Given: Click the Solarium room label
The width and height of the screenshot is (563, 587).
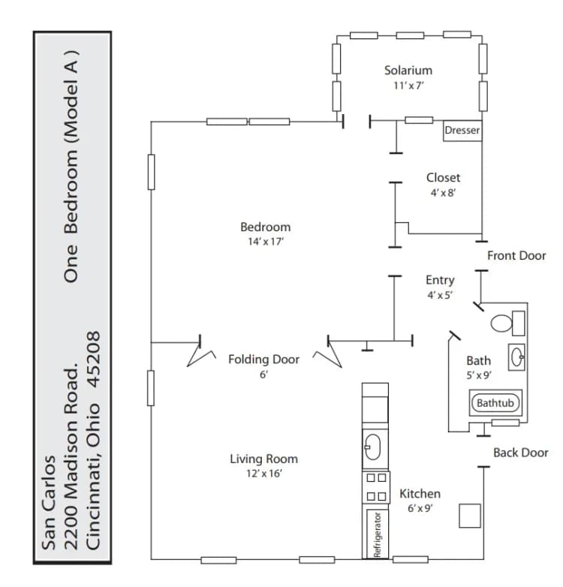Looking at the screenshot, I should tap(408, 70).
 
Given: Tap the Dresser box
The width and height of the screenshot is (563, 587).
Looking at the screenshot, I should tap(462, 131).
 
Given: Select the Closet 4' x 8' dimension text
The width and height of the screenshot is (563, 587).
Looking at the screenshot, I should tap(443, 193).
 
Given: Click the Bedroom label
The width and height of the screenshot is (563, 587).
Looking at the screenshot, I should tap(265, 227).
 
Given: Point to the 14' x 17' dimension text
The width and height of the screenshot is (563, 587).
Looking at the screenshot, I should tap(265, 242).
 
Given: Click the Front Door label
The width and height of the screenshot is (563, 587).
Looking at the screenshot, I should tap(516, 256).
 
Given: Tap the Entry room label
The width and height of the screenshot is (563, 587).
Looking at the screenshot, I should tap(440, 280).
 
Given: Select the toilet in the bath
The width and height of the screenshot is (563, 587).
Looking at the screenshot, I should tap(507, 324).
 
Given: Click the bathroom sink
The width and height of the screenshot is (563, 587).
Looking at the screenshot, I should tap(517, 357).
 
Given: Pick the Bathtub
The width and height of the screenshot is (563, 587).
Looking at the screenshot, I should tap(495, 403).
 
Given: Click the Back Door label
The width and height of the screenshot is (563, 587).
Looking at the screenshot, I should tap(520, 453).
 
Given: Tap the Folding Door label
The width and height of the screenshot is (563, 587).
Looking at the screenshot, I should tap(263, 360).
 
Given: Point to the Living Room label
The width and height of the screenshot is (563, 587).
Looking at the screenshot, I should tap(263, 459).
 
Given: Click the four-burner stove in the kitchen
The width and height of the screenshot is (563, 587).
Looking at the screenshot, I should tap(376, 486).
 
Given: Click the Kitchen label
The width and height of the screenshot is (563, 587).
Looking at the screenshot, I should tap(420, 493).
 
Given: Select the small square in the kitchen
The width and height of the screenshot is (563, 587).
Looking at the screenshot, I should tap(470, 515).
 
